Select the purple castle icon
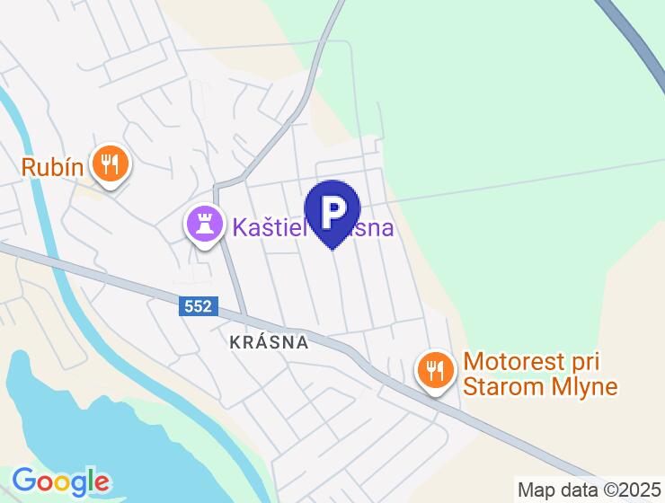[204, 224]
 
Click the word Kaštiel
[268, 226]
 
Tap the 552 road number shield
[196, 307]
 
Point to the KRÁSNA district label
[269, 342]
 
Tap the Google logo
[60, 481]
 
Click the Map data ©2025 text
[589, 490]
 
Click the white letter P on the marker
[332, 210]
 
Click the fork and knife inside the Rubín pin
[111, 163]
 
